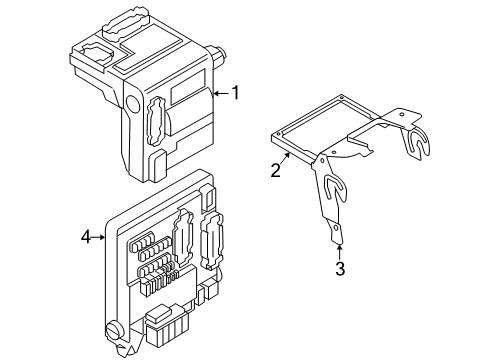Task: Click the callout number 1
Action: [236, 94]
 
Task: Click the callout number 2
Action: [275, 170]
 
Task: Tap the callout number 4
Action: [86, 237]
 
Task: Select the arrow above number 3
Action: [338, 249]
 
